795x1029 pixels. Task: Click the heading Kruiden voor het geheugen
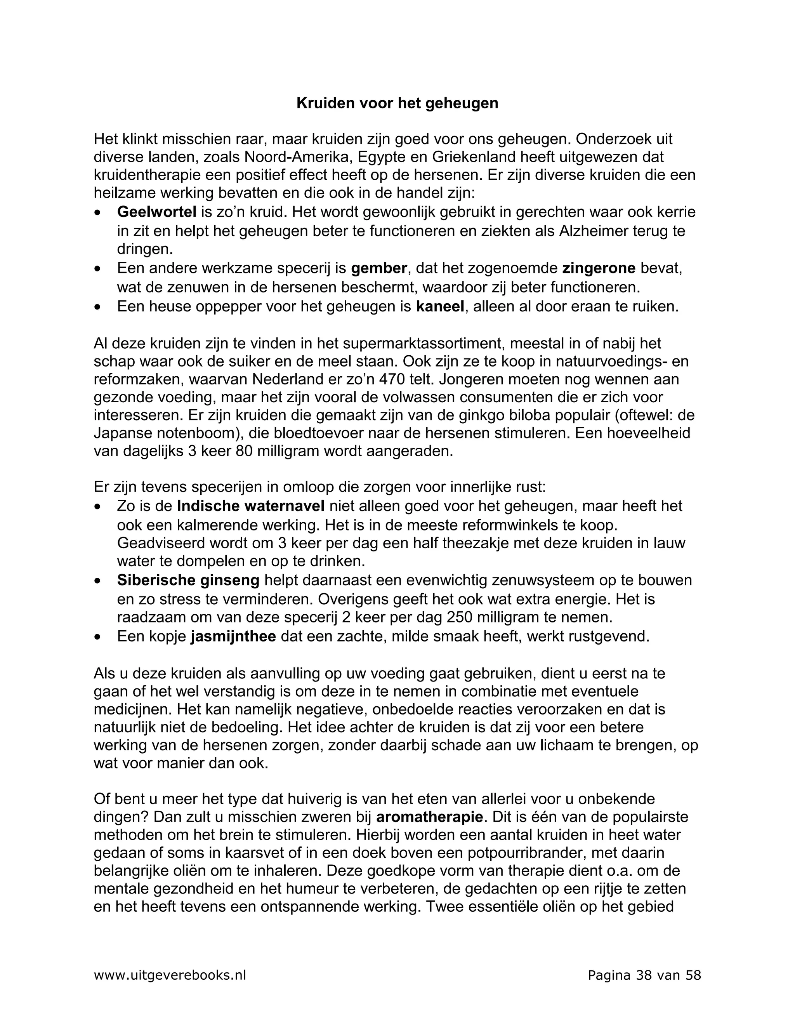(x=397, y=103)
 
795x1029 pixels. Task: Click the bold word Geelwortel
(x=156, y=212)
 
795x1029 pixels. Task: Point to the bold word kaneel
(x=440, y=307)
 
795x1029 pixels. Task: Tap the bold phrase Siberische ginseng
(x=188, y=581)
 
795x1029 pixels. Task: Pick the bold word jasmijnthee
(x=233, y=636)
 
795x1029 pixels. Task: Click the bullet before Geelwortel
(x=97, y=213)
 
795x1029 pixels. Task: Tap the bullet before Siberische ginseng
(x=97, y=581)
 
